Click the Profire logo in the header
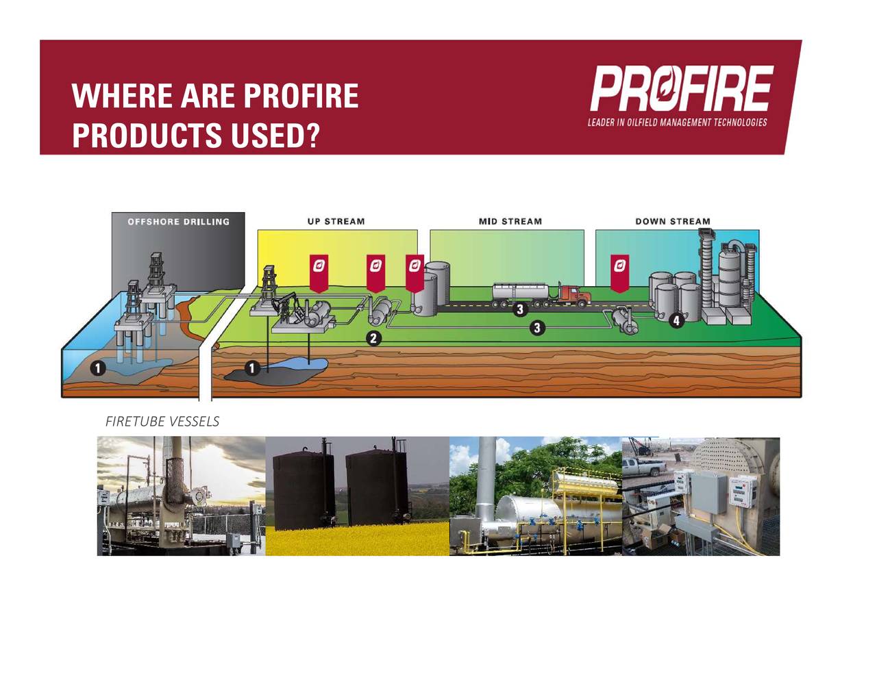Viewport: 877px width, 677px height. [681, 88]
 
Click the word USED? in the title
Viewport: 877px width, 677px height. [275, 135]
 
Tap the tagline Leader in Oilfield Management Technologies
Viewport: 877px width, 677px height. [677, 123]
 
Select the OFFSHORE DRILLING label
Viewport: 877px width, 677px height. [178, 222]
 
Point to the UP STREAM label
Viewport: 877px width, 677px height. [336, 222]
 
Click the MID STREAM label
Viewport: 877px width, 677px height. [510, 222]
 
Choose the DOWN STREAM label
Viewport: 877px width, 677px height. [672, 222]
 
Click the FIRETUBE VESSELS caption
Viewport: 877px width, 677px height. [162, 422]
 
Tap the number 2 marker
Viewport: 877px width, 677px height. [373, 338]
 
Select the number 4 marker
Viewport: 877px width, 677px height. [676, 320]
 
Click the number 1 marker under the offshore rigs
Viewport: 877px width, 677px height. [98, 368]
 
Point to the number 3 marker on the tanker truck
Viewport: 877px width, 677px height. [520, 309]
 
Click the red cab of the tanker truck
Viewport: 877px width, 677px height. [573, 294]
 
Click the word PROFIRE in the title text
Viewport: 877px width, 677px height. [300, 96]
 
